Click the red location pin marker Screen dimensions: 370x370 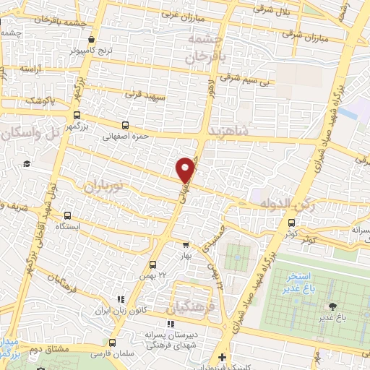coord(186,169)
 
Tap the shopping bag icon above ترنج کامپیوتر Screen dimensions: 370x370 coord(91,40)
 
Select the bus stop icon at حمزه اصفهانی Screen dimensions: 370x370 coord(126,124)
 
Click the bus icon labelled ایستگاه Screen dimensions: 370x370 coord(68,215)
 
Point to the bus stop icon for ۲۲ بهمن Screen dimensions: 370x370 coord(152,264)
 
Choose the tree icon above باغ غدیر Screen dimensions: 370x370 coord(332,306)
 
